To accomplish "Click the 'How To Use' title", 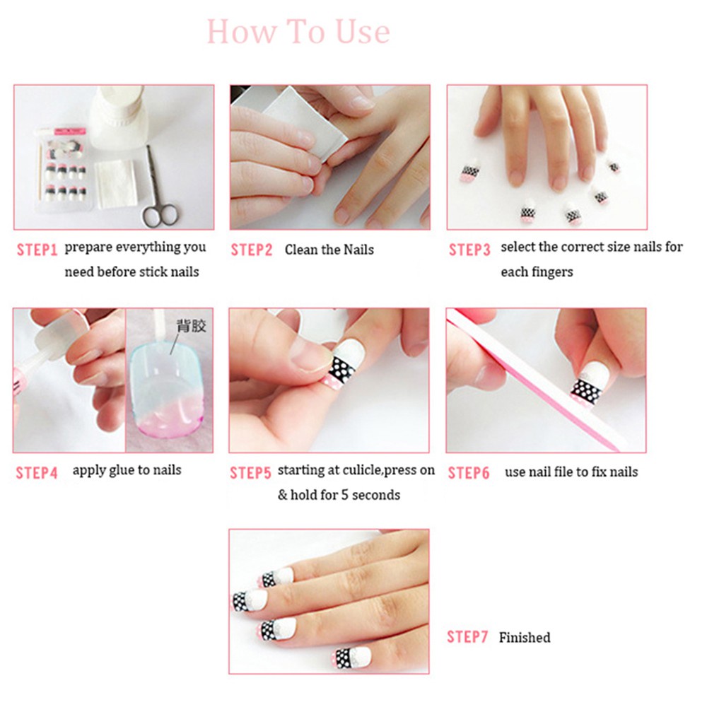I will (x=298, y=32).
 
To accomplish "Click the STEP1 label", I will (x=36, y=250).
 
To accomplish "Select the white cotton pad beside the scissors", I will (x=115, y=182).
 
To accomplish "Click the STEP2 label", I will (x=252, y=250).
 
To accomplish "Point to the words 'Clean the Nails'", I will (x=329, y=250).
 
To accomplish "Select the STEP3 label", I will (x=469, y=250).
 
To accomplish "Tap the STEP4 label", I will (x=36, y=473).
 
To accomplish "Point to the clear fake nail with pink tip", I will (x=167, y=396).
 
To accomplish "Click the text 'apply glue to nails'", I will (x=127, y=471).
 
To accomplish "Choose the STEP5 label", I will (x=250, y=473).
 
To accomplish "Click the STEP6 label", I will (x=469, y=473).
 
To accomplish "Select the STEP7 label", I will (x=467, y=637).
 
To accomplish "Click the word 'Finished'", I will (x=524, y=638).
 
